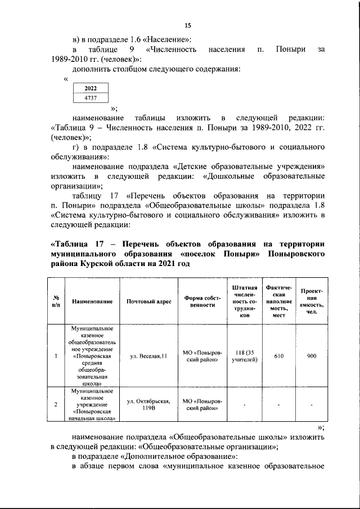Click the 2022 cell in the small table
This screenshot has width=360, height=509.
[x=90, y=88]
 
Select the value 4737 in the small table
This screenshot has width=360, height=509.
[x=90, y=98]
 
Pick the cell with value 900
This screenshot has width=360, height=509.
[x=311, y=355]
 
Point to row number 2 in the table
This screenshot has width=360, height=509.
[x=56, y=404]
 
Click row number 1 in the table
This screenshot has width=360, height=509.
[x=56, y=355]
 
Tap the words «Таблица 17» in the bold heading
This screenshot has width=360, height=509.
[x=74, y=244]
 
